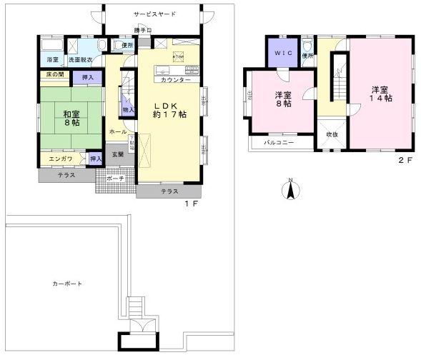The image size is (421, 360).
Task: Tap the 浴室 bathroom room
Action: click(x=51, y=59)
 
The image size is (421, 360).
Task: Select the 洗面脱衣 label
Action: click(x=79, y=59)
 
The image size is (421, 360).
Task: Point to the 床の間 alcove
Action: click(x=55, y=74)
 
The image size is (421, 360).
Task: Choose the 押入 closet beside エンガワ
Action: click(x=95, y=159)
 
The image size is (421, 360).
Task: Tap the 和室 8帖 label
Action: click(x=71, y=119)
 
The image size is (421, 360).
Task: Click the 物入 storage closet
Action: click(x=127, y=109)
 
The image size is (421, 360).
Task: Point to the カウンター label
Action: click(x=177, y=79)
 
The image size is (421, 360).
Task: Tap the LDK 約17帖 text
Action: click(x=170, y=110)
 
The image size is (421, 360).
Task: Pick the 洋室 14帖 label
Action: click(x=380, y=94)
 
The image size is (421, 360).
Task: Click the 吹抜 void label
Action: click(x=332, y=134)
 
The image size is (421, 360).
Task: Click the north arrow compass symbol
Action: click(x=290, y=190)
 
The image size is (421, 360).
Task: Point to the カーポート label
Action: click(x=66, y=284)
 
